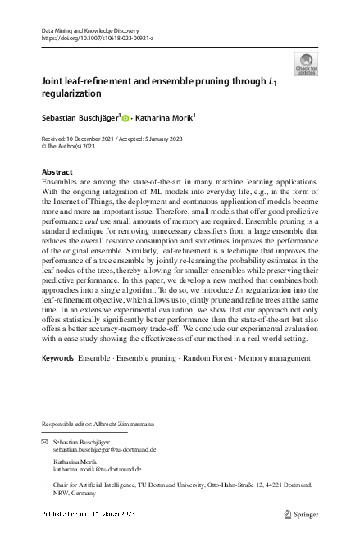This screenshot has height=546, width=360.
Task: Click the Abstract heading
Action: pyautogui.click(x=57, y=172)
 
